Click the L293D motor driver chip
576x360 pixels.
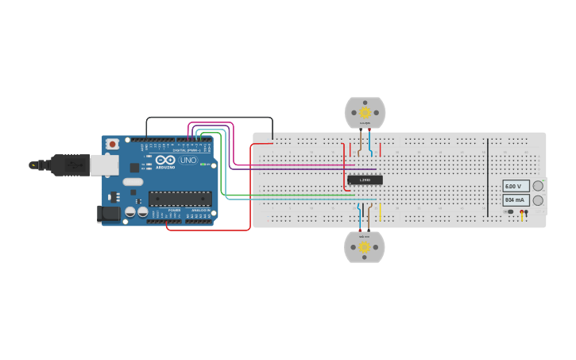[x=365, y=180]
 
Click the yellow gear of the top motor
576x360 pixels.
[x=365, y=113]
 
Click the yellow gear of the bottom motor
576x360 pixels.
[x=365, y=247]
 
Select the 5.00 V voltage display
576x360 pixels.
[x=516, y=186]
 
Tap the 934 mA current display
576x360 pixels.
[x=516, y=200]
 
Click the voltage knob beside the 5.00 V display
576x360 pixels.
[x=538, y=186]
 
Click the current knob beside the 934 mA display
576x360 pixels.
[x=538, y=200]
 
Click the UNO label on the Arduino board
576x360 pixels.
[x=188, y=160]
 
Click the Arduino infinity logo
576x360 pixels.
[x=165, y=160]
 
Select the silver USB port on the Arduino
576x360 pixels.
[x=104, y=165]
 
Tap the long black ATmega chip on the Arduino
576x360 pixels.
[x=180, y=199]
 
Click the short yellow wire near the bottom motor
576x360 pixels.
[x=380, y=212]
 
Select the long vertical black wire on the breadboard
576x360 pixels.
[x=488, y=176]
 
